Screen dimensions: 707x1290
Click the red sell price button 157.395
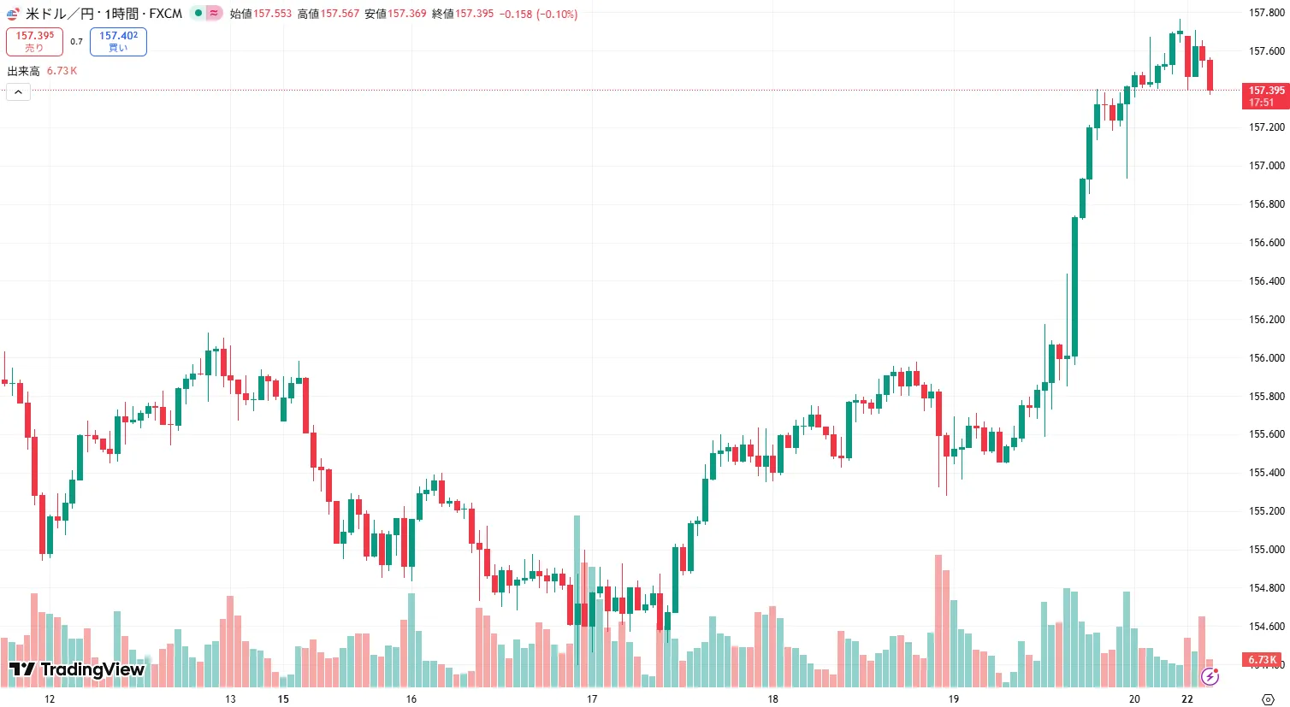click(x=34, y=41)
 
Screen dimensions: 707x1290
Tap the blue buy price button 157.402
click(x=118, y=41)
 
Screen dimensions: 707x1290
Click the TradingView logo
click(x=77, y=669)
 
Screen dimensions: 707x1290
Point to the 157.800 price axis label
click(x=1266, y=13)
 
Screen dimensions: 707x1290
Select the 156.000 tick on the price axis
click(x=1266, y=358)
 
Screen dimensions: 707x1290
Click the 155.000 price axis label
click(x=1266, y=550)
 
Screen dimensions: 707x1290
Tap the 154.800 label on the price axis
click(x=1266, y=588)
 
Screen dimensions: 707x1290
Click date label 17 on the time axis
click(x=592, y=698)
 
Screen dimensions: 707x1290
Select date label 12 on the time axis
click(x=50, y=698)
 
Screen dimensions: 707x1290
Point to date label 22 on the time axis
click(x=1187, y=698)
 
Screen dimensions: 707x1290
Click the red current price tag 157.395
click(x=1265, y=96)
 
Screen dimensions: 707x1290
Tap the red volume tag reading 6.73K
click(x=1262, y=660)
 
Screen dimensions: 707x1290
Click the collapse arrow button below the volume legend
click(x=18, y=91)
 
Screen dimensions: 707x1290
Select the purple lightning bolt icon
click(x=1210, y=677)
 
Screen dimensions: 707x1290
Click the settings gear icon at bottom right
click(x=1268, y=698)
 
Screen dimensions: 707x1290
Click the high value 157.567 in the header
click(x=340, y=14)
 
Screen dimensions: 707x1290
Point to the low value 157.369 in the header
click(x=407, y=14)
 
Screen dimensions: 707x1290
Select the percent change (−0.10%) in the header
click(x=557, y=14)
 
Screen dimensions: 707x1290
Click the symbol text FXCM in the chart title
click(x=166, y=14)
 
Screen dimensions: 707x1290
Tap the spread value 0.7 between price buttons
click(x=76, y=41)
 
